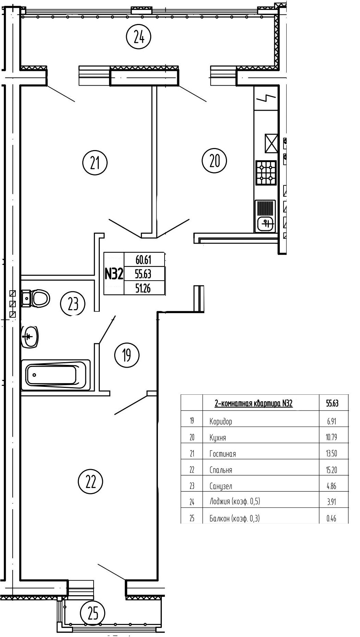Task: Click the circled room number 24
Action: coord(139,37)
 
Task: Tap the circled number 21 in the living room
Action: coord(95,163)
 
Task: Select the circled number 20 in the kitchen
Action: coord(214,160)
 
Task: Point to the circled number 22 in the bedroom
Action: coord(91,482)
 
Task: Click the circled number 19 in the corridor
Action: coord(127,355)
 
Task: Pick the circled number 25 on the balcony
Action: coord(93,613)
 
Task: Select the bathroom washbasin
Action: coord(30,336)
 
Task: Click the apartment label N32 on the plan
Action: coord(113,274)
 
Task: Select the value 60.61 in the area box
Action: coord(143,260)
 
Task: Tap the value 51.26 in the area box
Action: coord(143,289)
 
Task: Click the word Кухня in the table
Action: coord(218,438)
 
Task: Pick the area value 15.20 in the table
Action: coord(332,469)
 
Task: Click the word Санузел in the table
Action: coord(221,486)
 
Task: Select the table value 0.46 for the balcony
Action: coord(332,518)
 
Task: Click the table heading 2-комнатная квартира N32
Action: coord(253,403)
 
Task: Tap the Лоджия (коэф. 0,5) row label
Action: coord(235,502)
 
